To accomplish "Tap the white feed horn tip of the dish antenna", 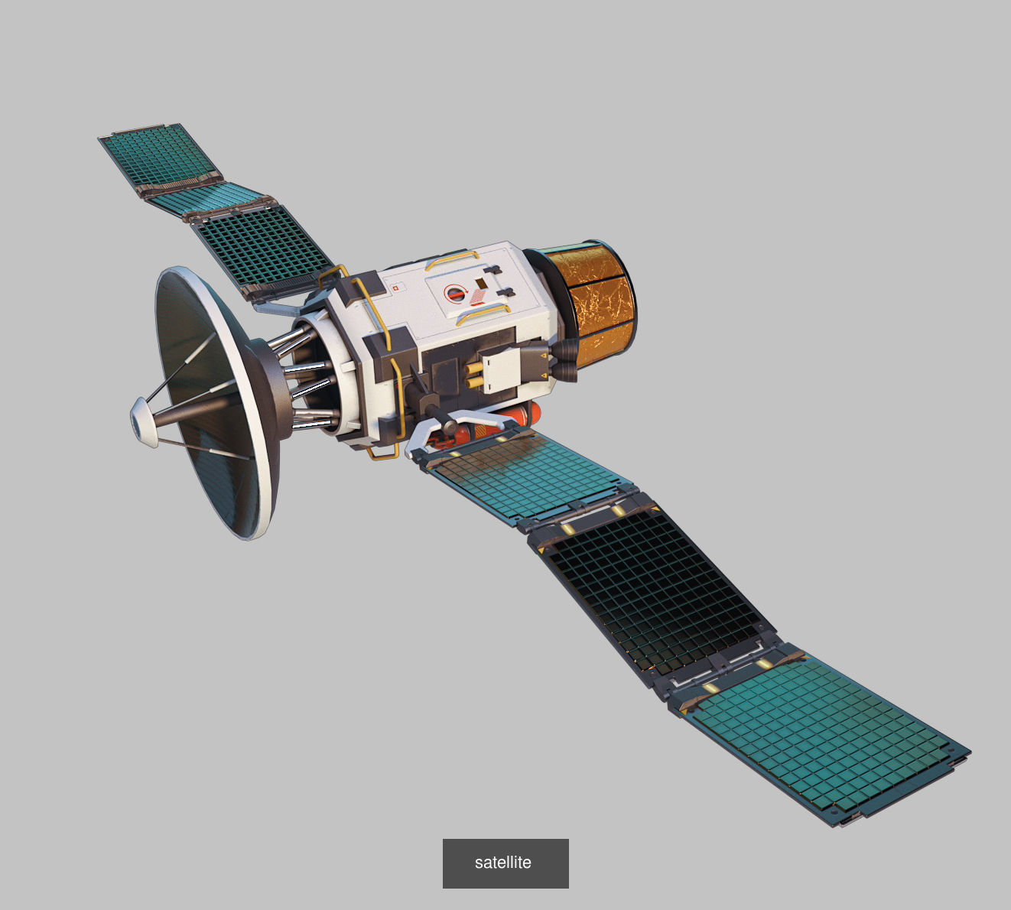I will tap(141, 421).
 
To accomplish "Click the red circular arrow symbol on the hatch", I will tap(455, 294).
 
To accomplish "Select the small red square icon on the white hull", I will tap(396, 288).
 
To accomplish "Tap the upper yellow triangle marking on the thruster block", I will tap(543, 356).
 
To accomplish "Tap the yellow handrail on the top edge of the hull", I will tap(448, 258).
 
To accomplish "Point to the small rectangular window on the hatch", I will tap(480, 283).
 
